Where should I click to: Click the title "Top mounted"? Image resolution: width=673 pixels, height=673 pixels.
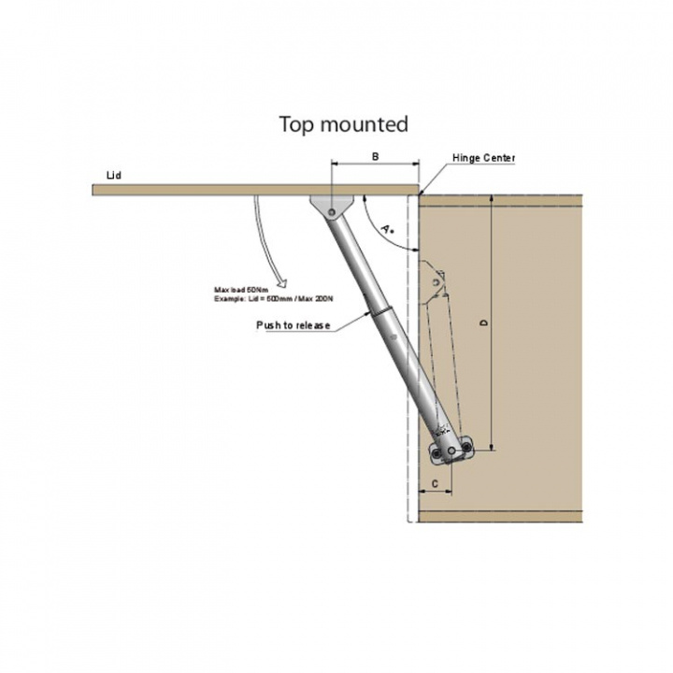click(343, 124)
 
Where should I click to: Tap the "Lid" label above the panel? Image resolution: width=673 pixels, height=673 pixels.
click(114, 175)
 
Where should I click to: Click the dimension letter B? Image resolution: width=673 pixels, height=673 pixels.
click(375, 157)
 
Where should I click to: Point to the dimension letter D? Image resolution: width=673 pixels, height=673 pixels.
click(482, 323)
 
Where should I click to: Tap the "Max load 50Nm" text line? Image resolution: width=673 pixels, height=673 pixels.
click(238, 290)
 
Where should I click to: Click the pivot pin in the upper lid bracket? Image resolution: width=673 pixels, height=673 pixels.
click(331, 212)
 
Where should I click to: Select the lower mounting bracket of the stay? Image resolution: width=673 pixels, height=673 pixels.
click(452, 451)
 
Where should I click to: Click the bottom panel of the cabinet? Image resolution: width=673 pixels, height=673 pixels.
click(499, 516)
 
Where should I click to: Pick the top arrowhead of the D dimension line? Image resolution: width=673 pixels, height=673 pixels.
click(490, 201)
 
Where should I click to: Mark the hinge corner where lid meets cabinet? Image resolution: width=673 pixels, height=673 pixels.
click(418, 194)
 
